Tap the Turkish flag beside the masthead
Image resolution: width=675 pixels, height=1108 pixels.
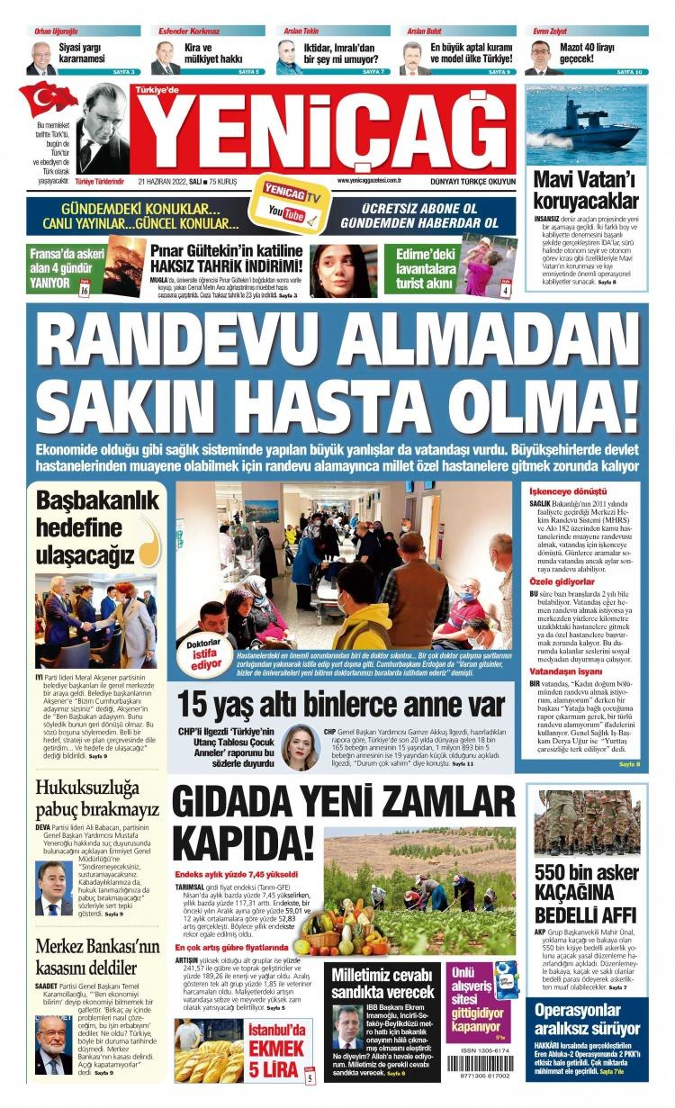(x=48, y=99)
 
